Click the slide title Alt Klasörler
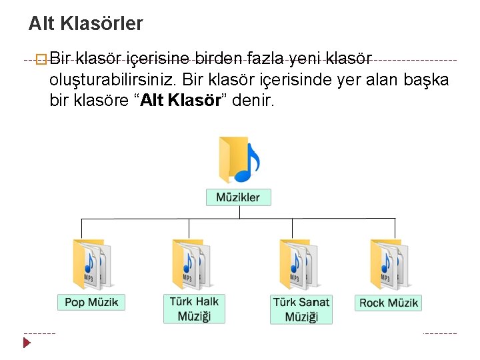pos(85,25)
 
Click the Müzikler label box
pos(238,197)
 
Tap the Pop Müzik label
pos(91,302)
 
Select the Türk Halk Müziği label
pos(194,308)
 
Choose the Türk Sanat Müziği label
pos(301,309)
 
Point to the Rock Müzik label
pos(389,303)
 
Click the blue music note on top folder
pos(247,164)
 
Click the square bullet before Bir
pos(42,60)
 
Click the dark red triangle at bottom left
pos(27,343)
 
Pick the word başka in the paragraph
pos(426,80)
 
